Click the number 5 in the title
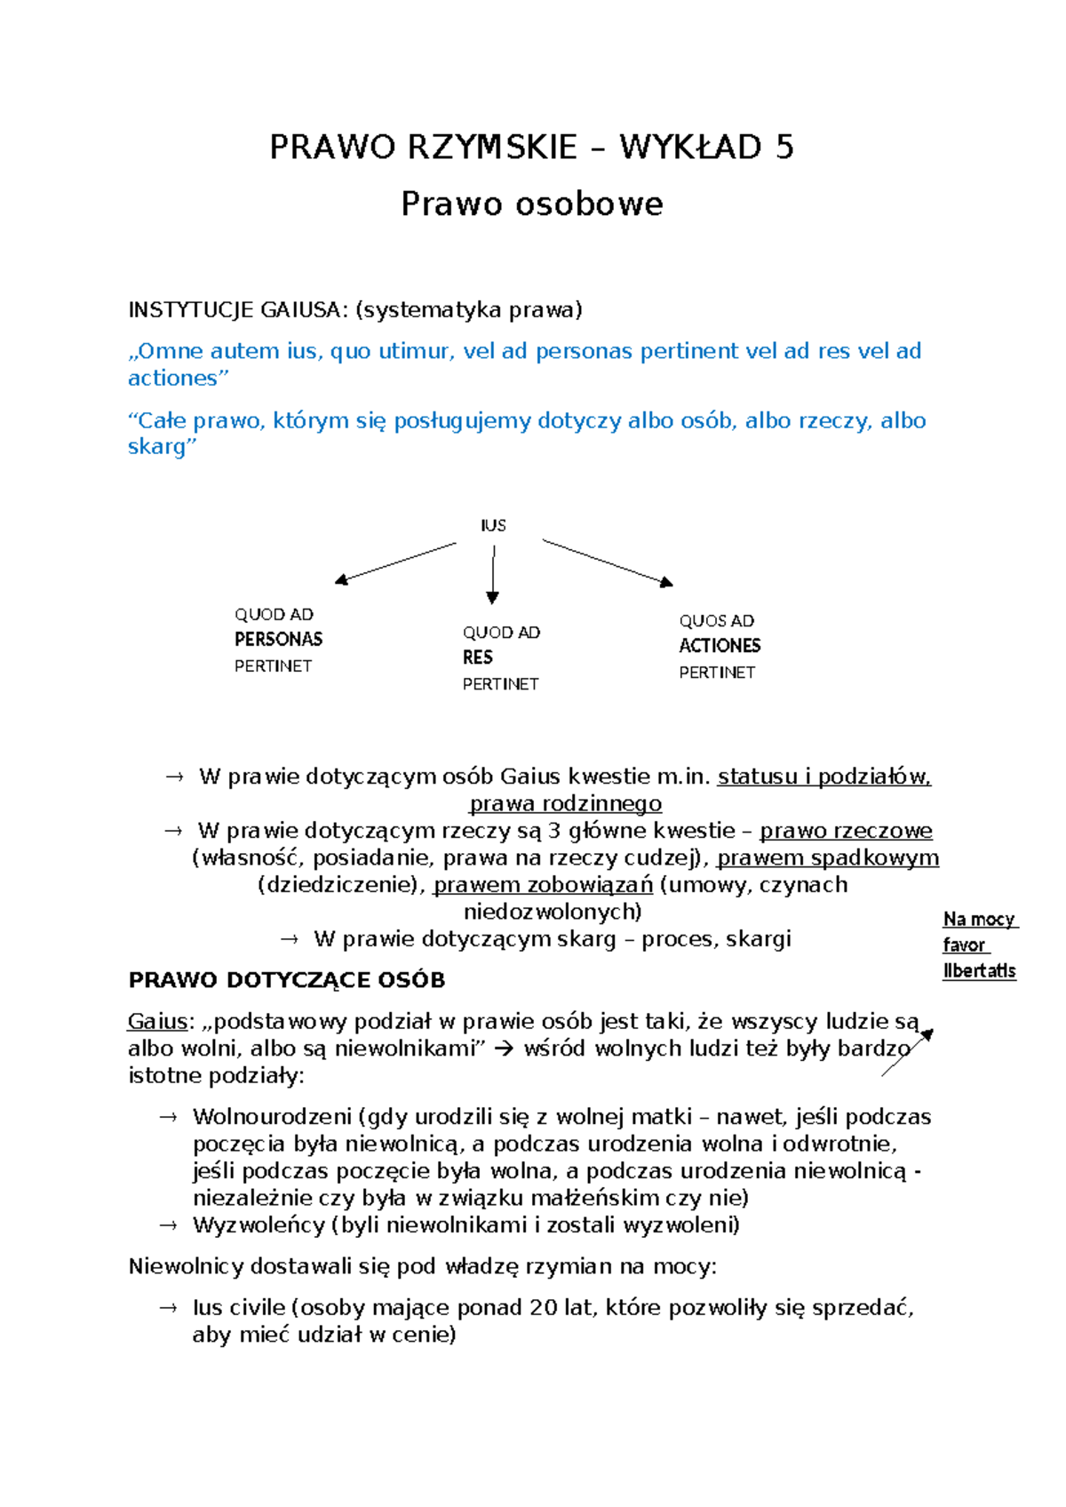784,147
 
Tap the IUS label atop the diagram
493,525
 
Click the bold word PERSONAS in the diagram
278,639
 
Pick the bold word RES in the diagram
477,658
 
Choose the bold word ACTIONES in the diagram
720,646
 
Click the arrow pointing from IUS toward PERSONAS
395,563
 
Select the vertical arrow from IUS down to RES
493,575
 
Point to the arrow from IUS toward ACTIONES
608,562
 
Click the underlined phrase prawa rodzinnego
566,804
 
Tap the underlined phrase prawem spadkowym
828,858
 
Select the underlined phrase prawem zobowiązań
543,885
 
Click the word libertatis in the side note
979,970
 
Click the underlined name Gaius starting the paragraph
158,1022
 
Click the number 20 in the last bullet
544,1308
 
